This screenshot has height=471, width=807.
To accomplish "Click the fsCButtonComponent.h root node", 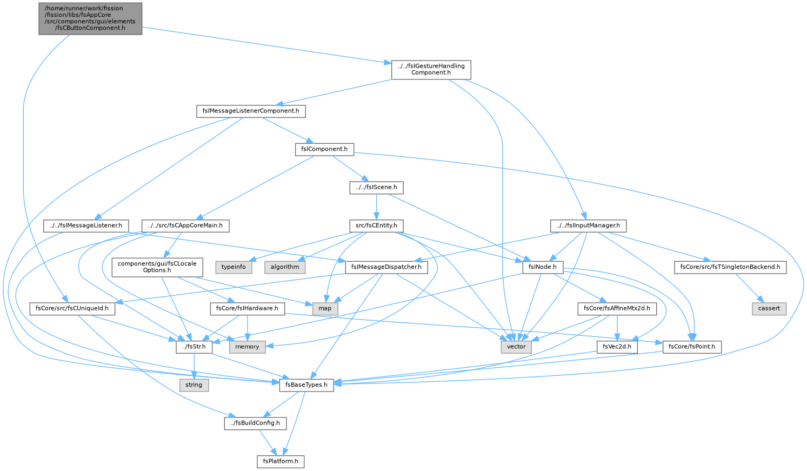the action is [x=90, y=19].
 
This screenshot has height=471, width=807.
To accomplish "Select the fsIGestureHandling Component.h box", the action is [x=431, y=70].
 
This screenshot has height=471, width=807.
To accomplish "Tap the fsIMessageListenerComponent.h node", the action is [x=251, y=111].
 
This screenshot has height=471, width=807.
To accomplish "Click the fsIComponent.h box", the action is [x=324, y=149].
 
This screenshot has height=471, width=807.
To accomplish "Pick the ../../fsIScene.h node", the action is [x=376, y=188].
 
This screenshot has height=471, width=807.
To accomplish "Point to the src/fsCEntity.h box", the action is [x=376, y=226].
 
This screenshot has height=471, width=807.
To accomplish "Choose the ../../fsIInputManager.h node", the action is [x=588, y=226].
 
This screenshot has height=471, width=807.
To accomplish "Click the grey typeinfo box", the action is [x=234, y=267].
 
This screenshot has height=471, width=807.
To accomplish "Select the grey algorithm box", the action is [x=285, y=267].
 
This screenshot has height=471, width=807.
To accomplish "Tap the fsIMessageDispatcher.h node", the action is [x=386, y=267].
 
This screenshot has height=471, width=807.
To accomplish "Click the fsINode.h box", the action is [x=543, y=267].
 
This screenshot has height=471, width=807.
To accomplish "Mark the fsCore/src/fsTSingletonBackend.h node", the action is [x=730, y=267].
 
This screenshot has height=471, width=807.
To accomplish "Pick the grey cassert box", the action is [x=769, y=308].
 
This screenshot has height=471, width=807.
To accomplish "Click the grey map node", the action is [x=325, y=308].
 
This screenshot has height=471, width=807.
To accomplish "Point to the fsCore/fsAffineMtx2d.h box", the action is [x=617, y=308].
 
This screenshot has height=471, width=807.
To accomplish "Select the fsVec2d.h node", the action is [x=617, y=347].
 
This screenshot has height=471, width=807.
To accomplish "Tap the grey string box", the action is [x=194, y=385].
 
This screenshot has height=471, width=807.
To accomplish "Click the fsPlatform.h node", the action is [x=281, y=462].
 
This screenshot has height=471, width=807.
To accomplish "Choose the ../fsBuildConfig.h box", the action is [x=255, y=423].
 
